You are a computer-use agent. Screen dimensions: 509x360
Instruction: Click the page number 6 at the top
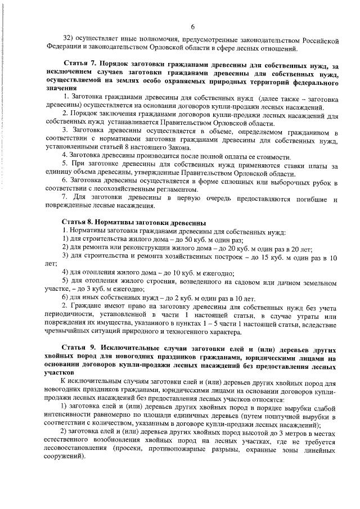[x=192, y=26]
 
